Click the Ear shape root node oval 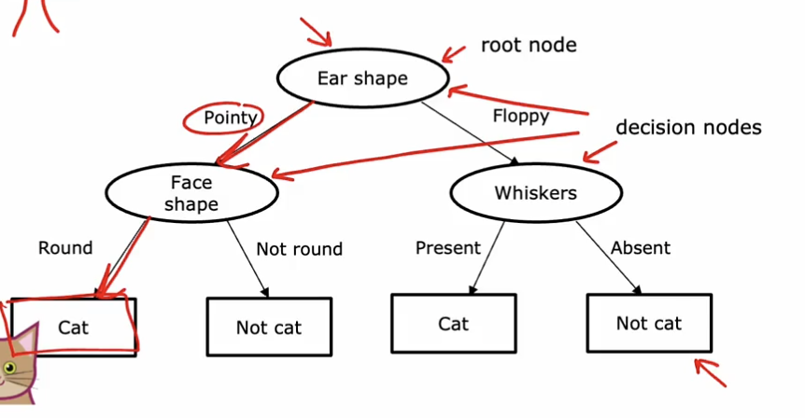click(362, 78)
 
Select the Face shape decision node click(192, 191)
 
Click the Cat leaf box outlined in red click(74, 327)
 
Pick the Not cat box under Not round click(268, 327)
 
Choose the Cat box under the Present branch click(453, 324)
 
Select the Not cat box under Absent click(648, 324)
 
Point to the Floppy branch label click(520, 117)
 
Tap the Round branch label click(65, 248)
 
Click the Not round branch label click(299, 249)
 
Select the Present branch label click(447, 248)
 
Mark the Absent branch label click(640, 248)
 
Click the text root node click(529, 46)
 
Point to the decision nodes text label click(688, 127)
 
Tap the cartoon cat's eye click(9, 366)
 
